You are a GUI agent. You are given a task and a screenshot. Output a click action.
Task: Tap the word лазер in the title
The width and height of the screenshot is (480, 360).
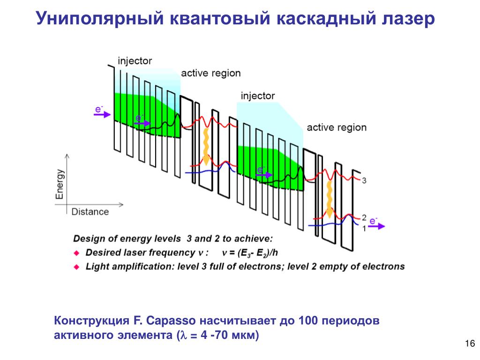405,19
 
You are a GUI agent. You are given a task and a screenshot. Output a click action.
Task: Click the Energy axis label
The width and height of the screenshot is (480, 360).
60,184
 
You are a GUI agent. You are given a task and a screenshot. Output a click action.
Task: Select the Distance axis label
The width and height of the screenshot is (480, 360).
90,211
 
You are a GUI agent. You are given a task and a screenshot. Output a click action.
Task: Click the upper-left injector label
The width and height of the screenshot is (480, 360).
135,61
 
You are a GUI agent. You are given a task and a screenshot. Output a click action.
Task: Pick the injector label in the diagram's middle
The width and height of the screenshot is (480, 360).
258,96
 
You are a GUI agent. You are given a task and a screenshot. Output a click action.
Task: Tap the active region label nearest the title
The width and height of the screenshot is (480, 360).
210,73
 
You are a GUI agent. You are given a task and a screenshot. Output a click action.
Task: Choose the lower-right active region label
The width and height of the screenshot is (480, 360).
337,127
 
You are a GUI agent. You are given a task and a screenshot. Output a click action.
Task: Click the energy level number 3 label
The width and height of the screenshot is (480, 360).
364,180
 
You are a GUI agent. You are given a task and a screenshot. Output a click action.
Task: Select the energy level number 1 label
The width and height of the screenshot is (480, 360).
364,228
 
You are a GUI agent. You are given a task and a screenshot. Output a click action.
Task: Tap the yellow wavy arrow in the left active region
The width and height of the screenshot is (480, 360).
205,146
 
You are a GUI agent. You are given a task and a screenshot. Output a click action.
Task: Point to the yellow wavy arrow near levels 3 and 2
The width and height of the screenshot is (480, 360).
330,201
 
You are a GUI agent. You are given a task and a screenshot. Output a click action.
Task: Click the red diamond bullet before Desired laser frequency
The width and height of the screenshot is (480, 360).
77,253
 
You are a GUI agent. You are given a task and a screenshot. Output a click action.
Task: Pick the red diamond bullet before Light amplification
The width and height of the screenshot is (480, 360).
77,267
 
